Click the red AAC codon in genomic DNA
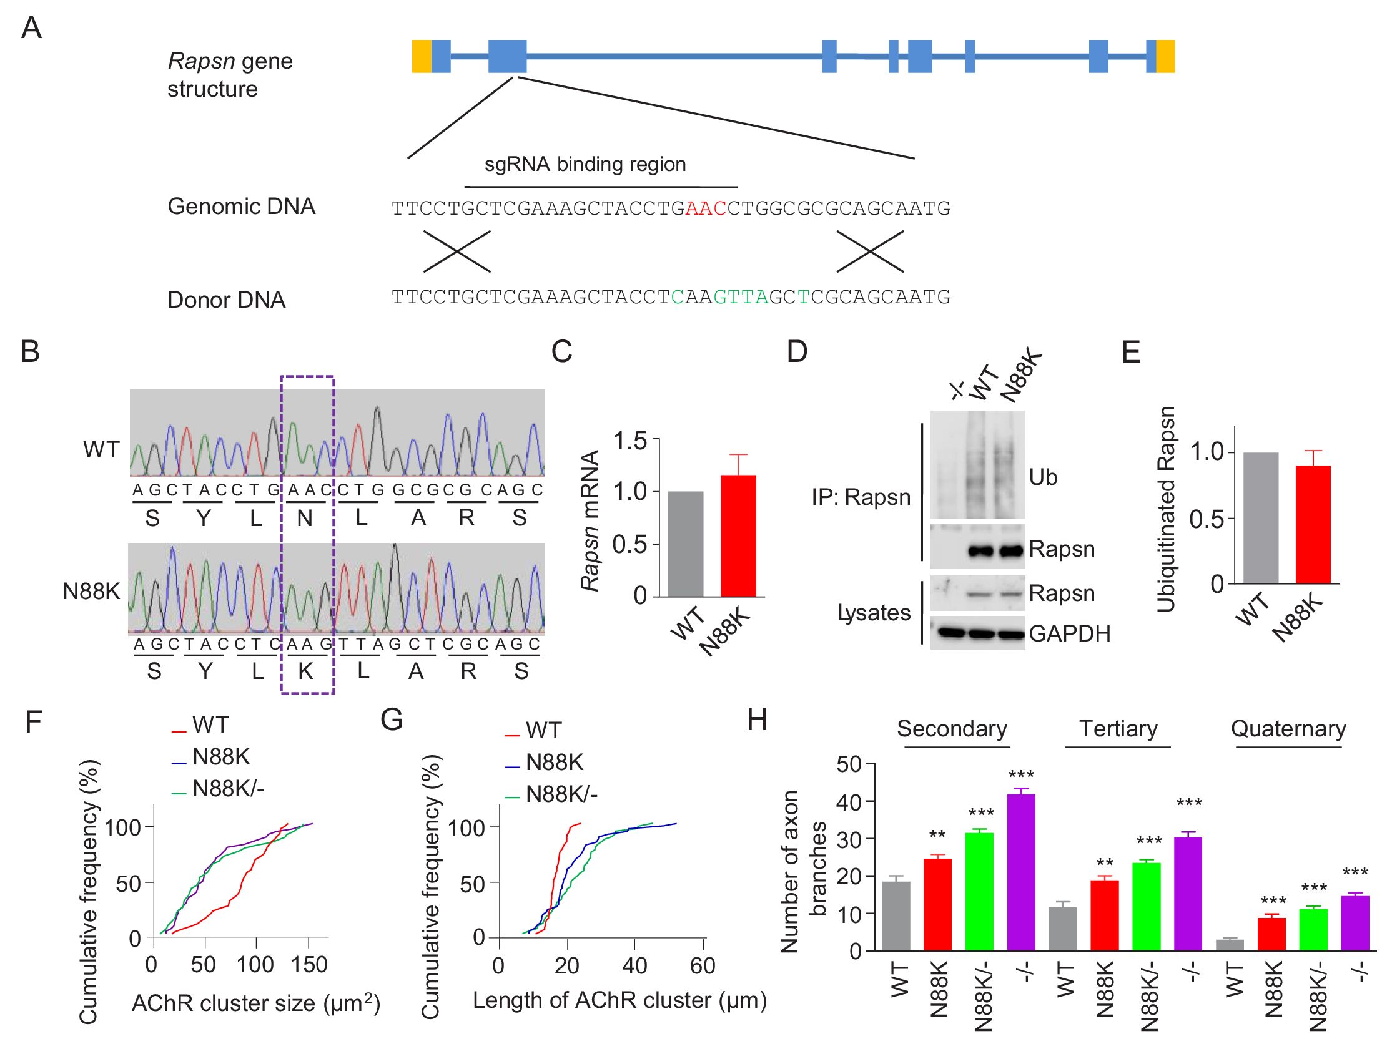point(706,208)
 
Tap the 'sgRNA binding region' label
point(585,164)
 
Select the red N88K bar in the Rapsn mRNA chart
point(738,535)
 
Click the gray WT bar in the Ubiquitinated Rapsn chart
point(1260,517)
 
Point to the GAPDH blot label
point(1069,633)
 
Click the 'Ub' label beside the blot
point(1043,477)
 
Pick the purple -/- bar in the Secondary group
point(1020,872)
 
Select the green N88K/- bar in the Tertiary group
point(1146,906)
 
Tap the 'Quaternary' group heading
point(1288,729)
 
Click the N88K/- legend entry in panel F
point(228,788)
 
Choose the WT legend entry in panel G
point(543,731)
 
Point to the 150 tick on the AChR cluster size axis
point(309,965)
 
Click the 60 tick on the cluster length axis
point(703,965)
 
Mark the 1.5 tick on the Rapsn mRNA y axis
point(629,441)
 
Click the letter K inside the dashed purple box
point(306,671)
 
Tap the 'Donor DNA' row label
point(227,300)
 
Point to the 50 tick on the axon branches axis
point(849,765)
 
